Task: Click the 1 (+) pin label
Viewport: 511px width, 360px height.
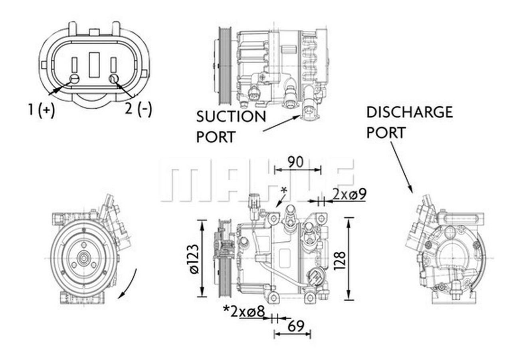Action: click(41, 109)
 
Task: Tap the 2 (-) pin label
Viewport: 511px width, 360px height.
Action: click(139, 109)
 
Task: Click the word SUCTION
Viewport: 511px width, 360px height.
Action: click(231, 117)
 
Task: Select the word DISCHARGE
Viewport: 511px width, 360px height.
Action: click(410, 112)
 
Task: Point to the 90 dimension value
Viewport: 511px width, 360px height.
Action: click(296, 162)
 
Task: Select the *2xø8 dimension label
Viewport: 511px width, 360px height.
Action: click(244, 311)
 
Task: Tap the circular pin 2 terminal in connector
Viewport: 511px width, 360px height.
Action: click(113, 78)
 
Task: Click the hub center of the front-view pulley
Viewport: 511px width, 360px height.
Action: click(83, 260)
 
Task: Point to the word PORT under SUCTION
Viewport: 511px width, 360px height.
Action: click(216, 137)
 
